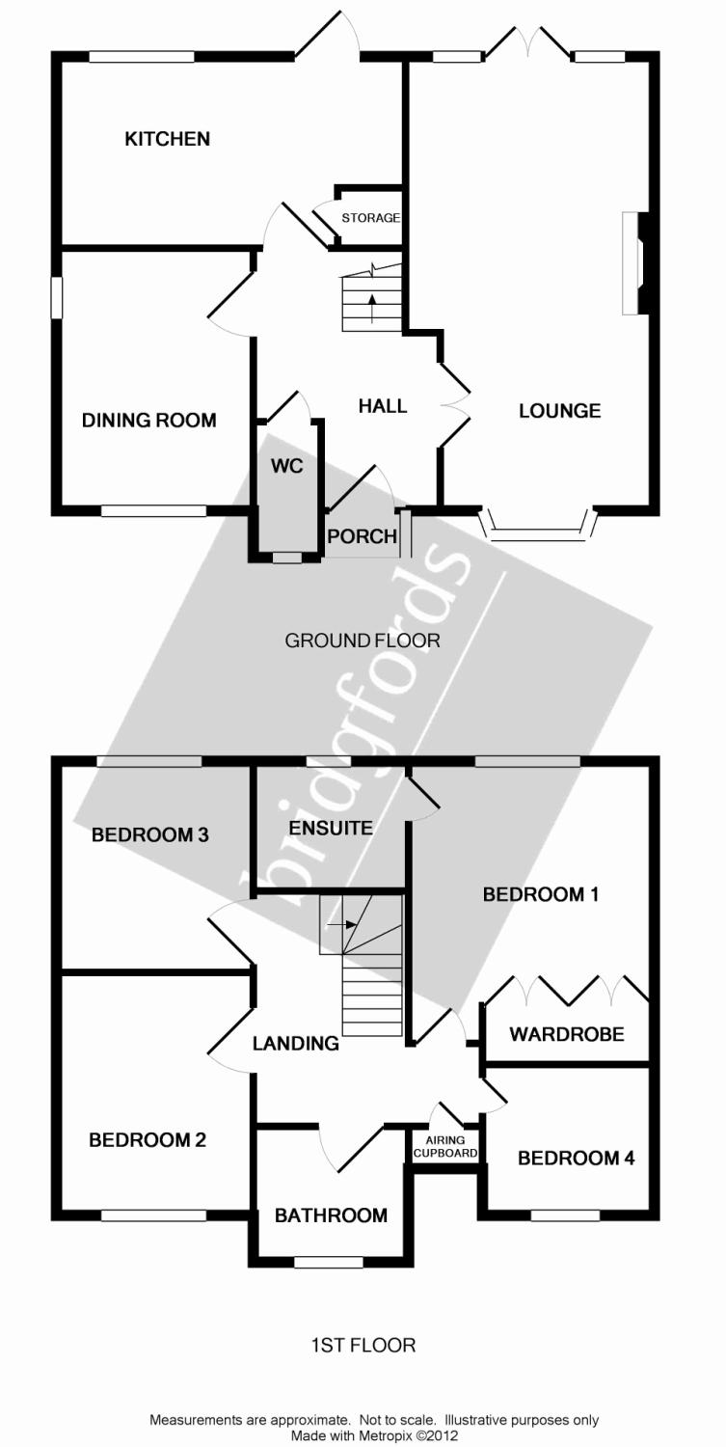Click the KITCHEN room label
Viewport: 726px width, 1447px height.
167,139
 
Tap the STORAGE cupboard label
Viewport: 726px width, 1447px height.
370,218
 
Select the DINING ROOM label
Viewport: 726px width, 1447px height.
148,420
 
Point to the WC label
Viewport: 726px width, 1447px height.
287,467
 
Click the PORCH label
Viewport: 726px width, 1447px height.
362,536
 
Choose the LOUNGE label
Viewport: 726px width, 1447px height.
559,411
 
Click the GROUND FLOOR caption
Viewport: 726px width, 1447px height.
363,641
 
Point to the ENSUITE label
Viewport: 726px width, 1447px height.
331,828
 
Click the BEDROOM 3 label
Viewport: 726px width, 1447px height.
150,834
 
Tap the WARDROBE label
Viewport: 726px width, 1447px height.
567,1034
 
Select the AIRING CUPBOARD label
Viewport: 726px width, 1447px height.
444,1146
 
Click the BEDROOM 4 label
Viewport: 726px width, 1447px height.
576,1158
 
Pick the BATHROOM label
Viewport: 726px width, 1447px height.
331,1215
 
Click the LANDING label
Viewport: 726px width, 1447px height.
296,1043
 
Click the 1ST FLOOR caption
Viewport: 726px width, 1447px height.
363,1345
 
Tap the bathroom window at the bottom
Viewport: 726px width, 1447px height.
329,1262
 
